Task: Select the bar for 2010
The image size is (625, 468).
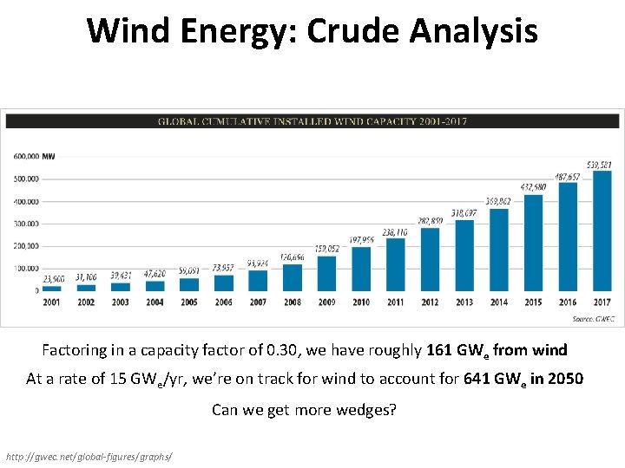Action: (361, 269)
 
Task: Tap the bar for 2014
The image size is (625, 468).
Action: (498, 250)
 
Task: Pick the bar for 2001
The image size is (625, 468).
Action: (52, 288)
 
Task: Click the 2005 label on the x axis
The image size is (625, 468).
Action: (189, 302)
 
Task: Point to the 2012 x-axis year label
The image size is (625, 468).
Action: (430, 302)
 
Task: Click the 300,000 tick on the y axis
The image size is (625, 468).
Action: (26, 224)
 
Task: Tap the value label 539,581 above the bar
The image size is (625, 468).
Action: (599, 165)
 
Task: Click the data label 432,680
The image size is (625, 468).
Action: (533, 187)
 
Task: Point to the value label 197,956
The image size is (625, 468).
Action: (361, 240)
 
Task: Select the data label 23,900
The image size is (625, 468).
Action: (53, 279)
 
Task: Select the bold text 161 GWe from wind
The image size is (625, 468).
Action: (497, 350)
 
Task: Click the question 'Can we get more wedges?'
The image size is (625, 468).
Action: (304, 409)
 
